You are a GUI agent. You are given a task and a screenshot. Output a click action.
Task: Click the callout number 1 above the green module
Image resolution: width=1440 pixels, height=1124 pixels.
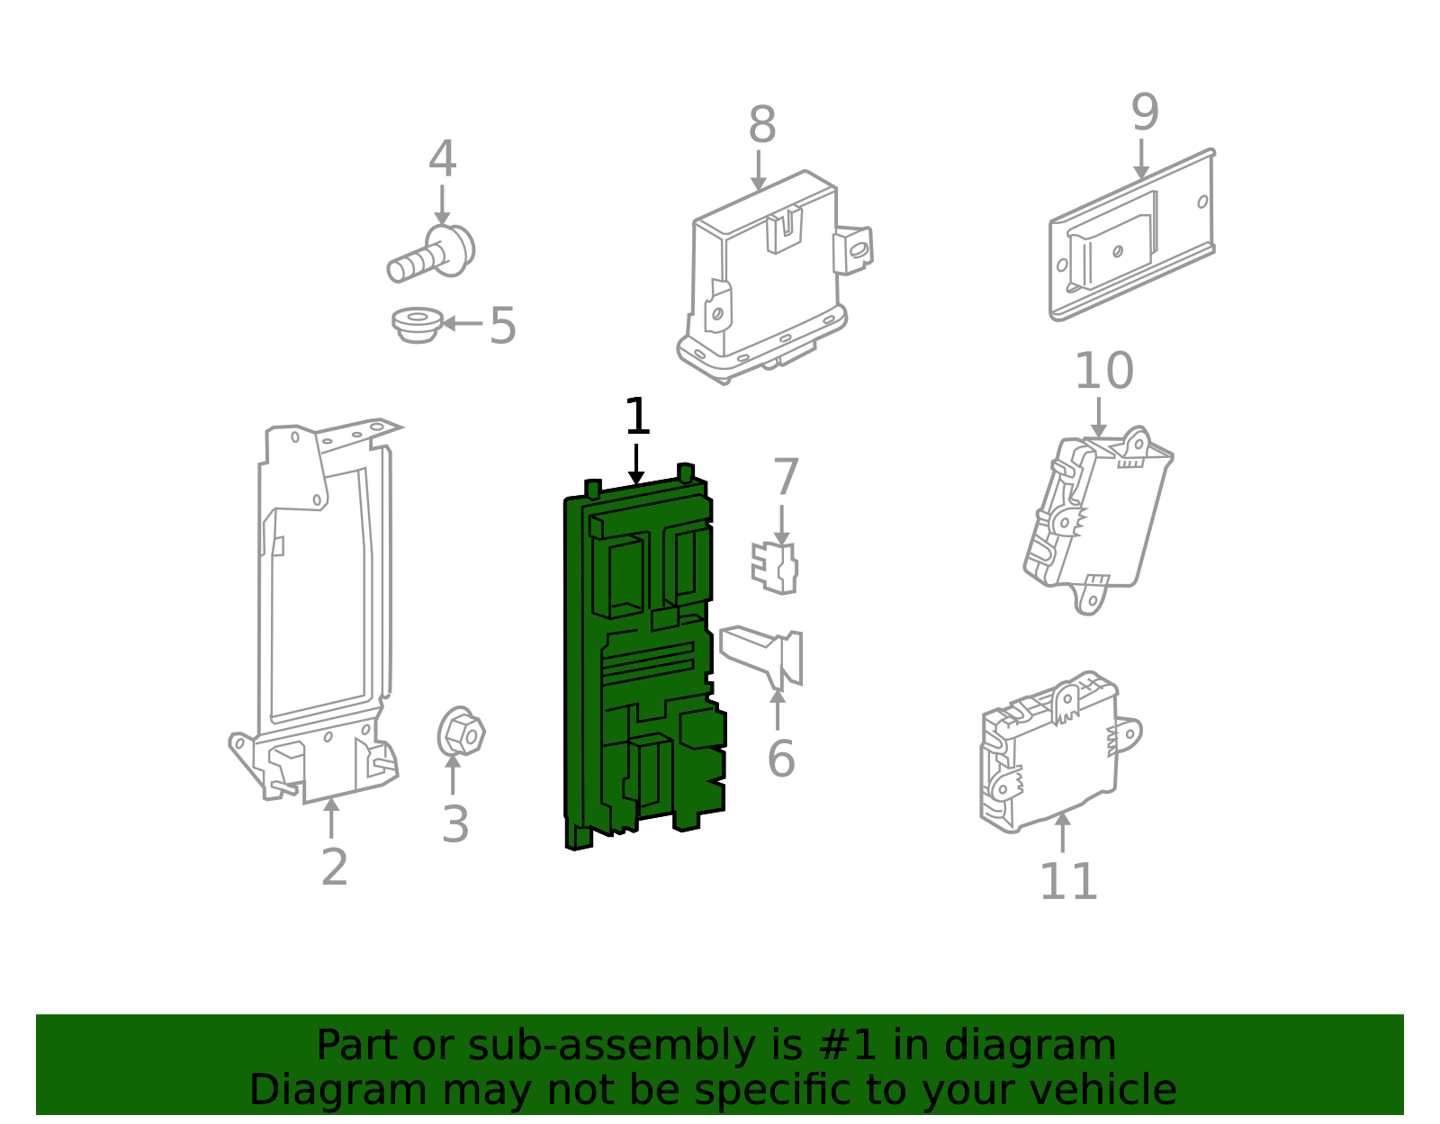636,418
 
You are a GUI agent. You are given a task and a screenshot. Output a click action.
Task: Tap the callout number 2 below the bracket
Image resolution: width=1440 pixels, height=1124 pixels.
334,868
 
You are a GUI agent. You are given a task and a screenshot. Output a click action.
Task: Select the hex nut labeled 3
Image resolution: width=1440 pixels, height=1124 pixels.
461,733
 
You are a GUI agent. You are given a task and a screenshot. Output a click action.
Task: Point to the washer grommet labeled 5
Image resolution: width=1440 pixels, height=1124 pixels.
417,325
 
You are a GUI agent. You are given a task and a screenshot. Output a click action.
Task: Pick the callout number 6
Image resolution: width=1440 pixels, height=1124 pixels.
780,759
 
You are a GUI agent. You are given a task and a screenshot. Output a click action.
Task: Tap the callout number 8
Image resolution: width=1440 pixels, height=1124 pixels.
761,125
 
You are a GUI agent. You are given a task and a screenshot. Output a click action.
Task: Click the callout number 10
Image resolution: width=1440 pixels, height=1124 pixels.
1103,371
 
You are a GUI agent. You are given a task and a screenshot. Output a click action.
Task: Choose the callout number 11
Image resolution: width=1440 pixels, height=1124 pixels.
1068,882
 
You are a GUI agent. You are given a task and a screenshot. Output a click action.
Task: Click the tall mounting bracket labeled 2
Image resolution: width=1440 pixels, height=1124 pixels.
319,612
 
